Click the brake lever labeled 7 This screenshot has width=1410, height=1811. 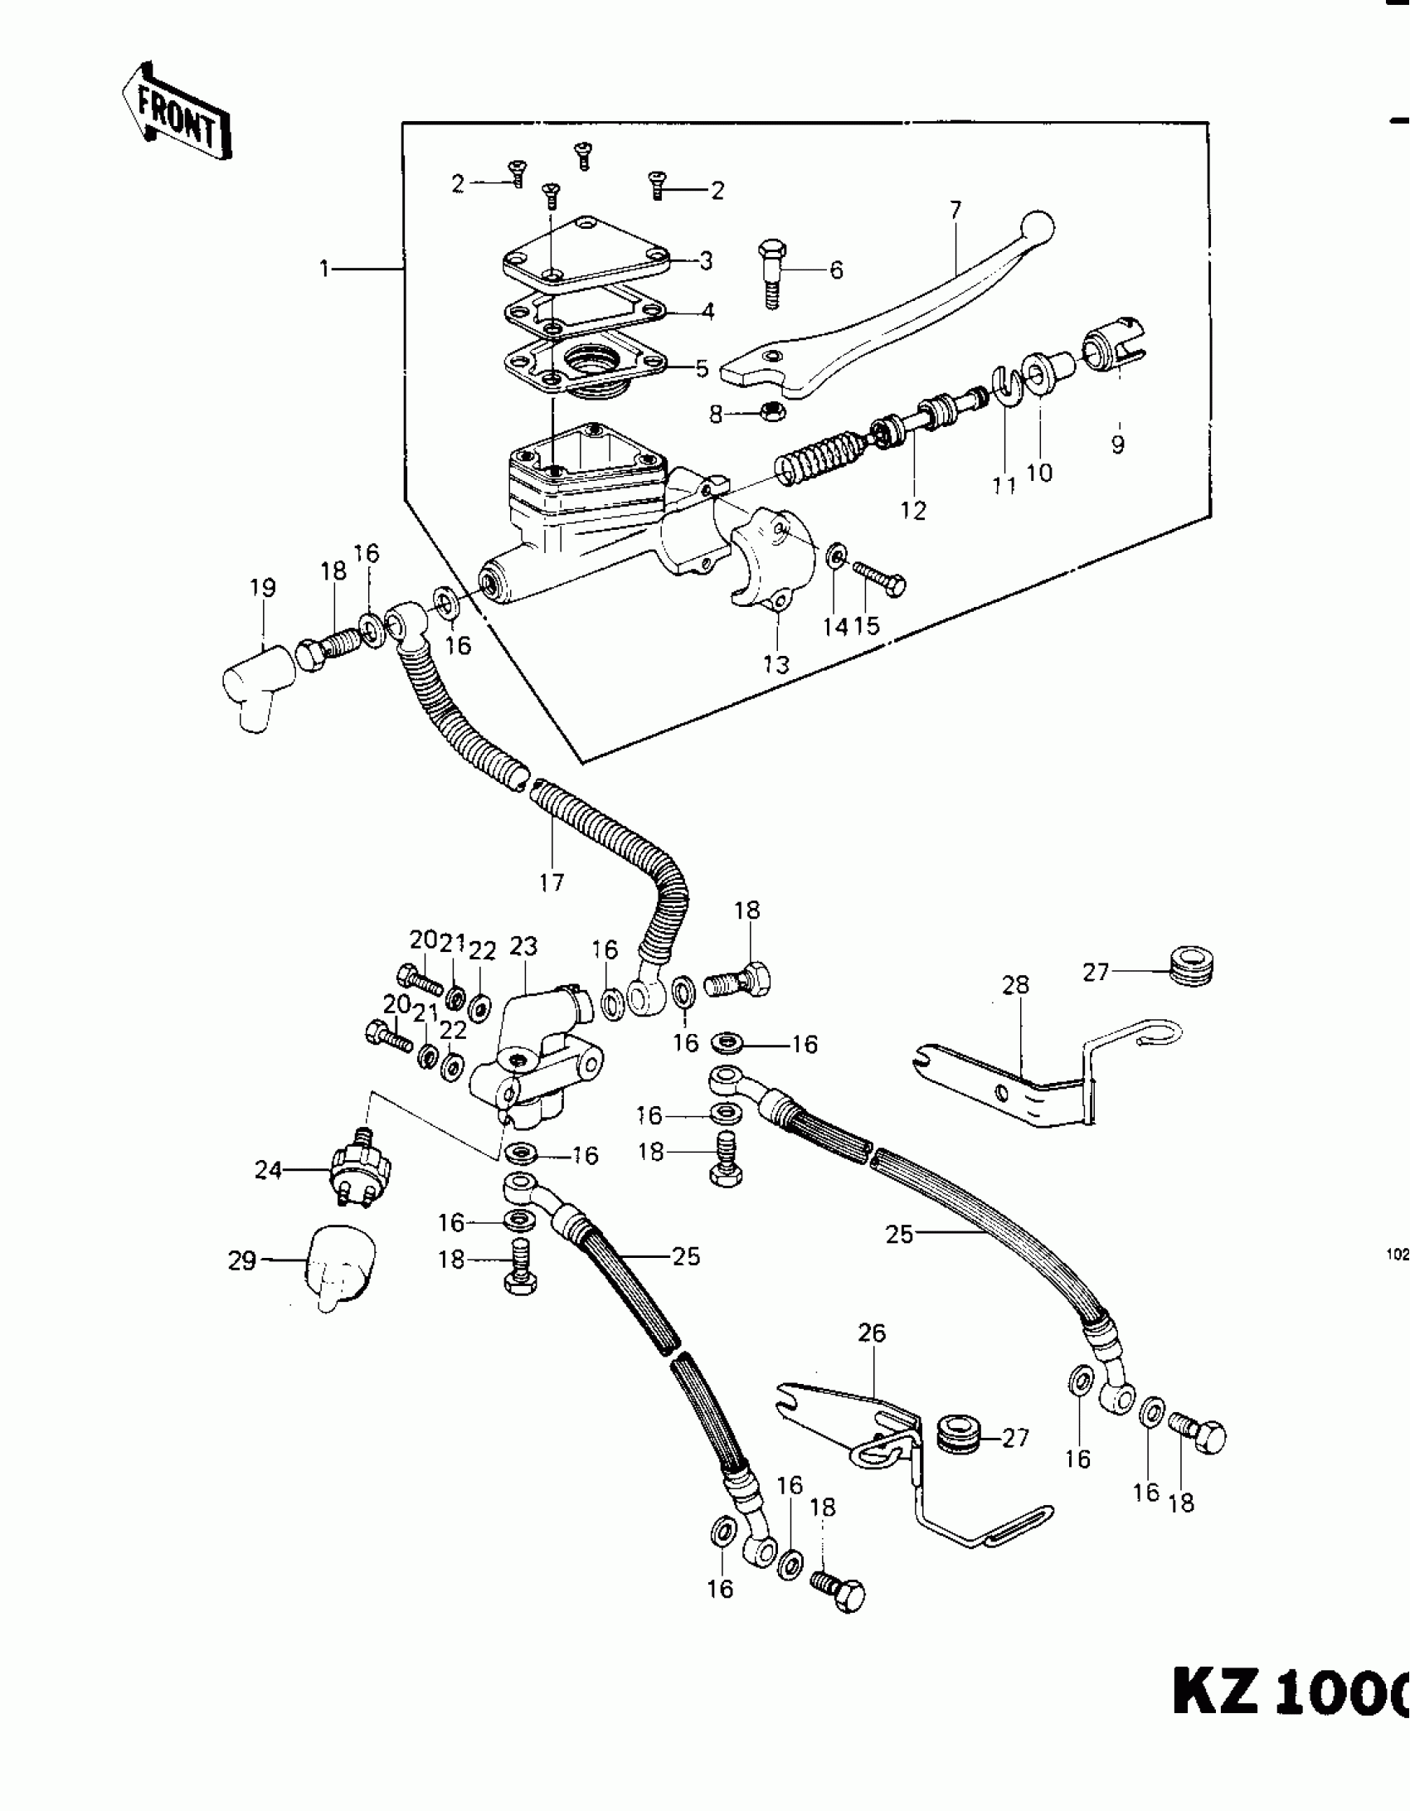click(x=896, y=323)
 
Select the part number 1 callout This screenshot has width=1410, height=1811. click(x=325, y=269)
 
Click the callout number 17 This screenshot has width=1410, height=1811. click(x=552, y=882)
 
